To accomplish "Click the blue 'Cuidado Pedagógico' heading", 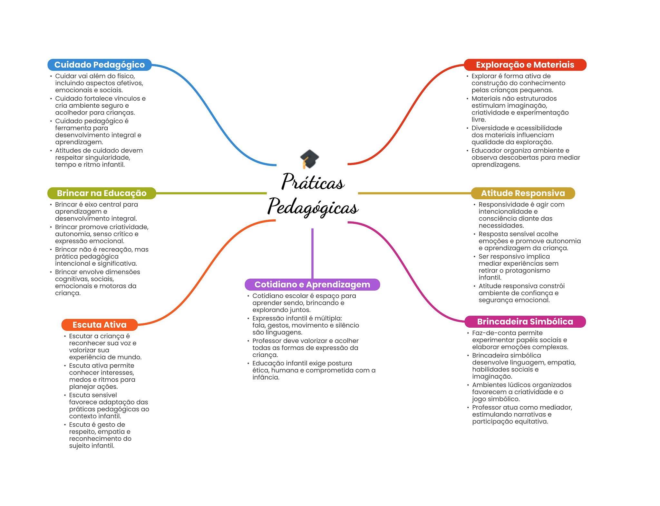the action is (x=100, y=65).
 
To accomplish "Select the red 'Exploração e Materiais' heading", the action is (x=525, y=65).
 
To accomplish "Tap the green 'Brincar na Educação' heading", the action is (x=102, y=193).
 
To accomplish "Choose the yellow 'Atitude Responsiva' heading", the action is (x=523, y=193).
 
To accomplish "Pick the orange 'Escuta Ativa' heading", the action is (x=100, y=325).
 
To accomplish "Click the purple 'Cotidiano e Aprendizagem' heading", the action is (x=312, y=284).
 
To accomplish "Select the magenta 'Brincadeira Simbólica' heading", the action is (x=525, y=322).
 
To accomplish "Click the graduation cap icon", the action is (x=309, y=159).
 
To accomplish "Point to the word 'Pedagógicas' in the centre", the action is (x=313, y=207).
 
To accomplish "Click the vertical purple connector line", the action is (x=312, y=253).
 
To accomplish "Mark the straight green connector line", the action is (x=211, y=193).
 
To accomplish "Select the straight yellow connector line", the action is (x=414, y=193).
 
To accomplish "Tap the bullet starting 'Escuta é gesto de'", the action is (x=99, y=435).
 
